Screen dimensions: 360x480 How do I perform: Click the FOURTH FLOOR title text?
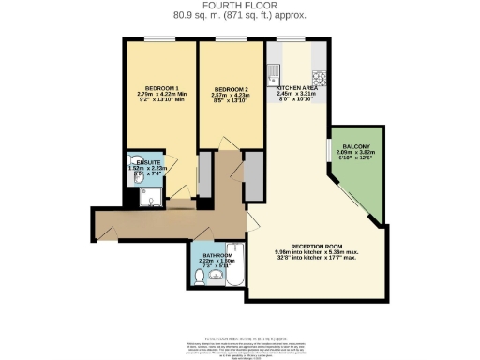coord(240,7)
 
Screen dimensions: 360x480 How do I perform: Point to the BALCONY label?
coord(355,145)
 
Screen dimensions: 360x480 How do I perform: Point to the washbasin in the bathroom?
coord(217,278)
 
